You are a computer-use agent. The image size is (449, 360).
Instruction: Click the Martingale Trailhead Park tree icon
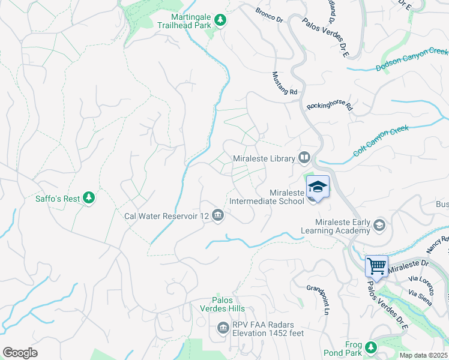pyautogui.click(x=220, y=21)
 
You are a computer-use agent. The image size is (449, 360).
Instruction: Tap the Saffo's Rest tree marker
pyautogui.click(x=89, y=197)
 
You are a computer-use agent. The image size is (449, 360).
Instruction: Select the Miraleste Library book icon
pyautogui.click(x=304, y=158)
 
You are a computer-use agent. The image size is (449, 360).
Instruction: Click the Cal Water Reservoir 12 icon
pyautogui.click(x=218, y=215)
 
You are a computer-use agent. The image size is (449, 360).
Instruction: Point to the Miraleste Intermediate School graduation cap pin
pyautogui.click(x=318, y=187)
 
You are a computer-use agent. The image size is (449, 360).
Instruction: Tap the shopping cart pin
pyautogui.click(x=376, y=265)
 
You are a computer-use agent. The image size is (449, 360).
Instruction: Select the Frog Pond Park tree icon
pyautogui.click(x=371, y=347)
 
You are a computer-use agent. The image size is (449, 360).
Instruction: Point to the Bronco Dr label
pyautogui.click(x=269, y=15)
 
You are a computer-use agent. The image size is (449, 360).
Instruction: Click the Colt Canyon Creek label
pyautogui.click(x=381, y=140)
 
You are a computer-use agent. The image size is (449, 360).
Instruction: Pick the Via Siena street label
pyautogui.click(x=420, y=297)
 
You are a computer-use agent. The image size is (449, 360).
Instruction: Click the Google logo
pyautogui.click(x=20, y=353)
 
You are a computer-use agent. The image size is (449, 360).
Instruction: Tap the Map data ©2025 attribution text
pyautogui.click(x=423, y=355)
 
